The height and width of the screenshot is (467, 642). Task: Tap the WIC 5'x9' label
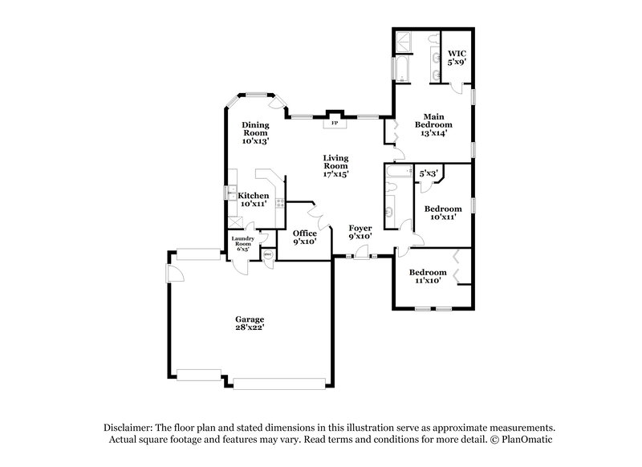(456, 58)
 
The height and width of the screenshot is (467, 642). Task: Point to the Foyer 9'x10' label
(360, 233)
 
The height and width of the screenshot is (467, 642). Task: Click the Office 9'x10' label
(304, 238)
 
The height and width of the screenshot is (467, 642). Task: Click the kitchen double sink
(230, 194)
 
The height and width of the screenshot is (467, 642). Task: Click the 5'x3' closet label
(428, 173)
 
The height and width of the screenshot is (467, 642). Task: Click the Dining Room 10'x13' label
(255, 133)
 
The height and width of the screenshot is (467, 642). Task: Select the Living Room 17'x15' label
(336, 165)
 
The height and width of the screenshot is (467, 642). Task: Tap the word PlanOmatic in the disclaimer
(526, 440)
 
